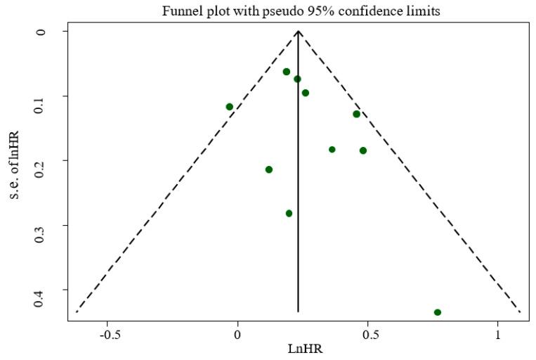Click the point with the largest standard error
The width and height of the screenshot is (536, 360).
pos(438,312)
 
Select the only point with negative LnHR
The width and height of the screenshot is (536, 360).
pos(230,107)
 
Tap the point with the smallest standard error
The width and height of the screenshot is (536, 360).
pos(287,72)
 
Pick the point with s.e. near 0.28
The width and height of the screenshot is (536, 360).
pos(289,213)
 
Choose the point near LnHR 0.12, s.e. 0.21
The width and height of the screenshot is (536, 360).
pos(269,169)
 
